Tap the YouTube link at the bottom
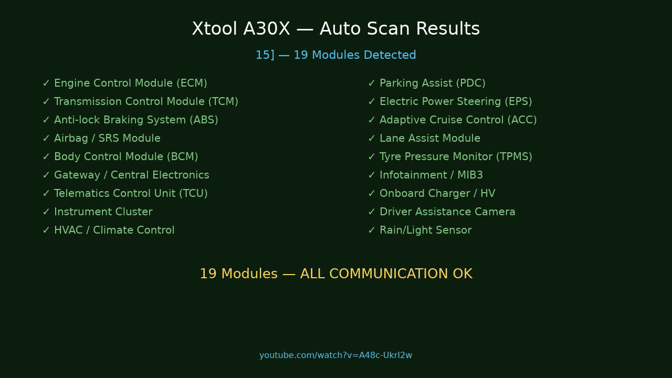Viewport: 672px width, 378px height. (x=335, y=355)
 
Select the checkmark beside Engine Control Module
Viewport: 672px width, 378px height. (x=46, y=83)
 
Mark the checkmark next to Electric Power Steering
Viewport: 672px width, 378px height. (x=372, y=102)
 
